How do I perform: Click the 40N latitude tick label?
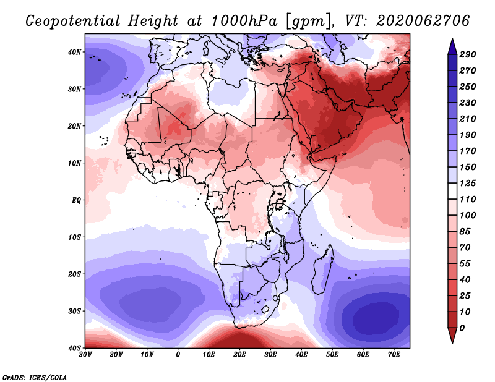coord(75,52)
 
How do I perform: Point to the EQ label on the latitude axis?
coord(76,200)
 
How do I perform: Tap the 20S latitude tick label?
coord(75,274)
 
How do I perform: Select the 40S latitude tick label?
coord(75,347)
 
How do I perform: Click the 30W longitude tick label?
coord(85,354)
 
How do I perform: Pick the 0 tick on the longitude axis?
coord(178,354)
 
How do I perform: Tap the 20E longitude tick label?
coord(240,354)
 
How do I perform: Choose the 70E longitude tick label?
coord(394,354)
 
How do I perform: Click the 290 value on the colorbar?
coord(468,55)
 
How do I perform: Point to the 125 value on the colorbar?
coord(468,184)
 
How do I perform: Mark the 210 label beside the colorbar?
coord(468,119)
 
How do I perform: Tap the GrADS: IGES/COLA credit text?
coord(35,377)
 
